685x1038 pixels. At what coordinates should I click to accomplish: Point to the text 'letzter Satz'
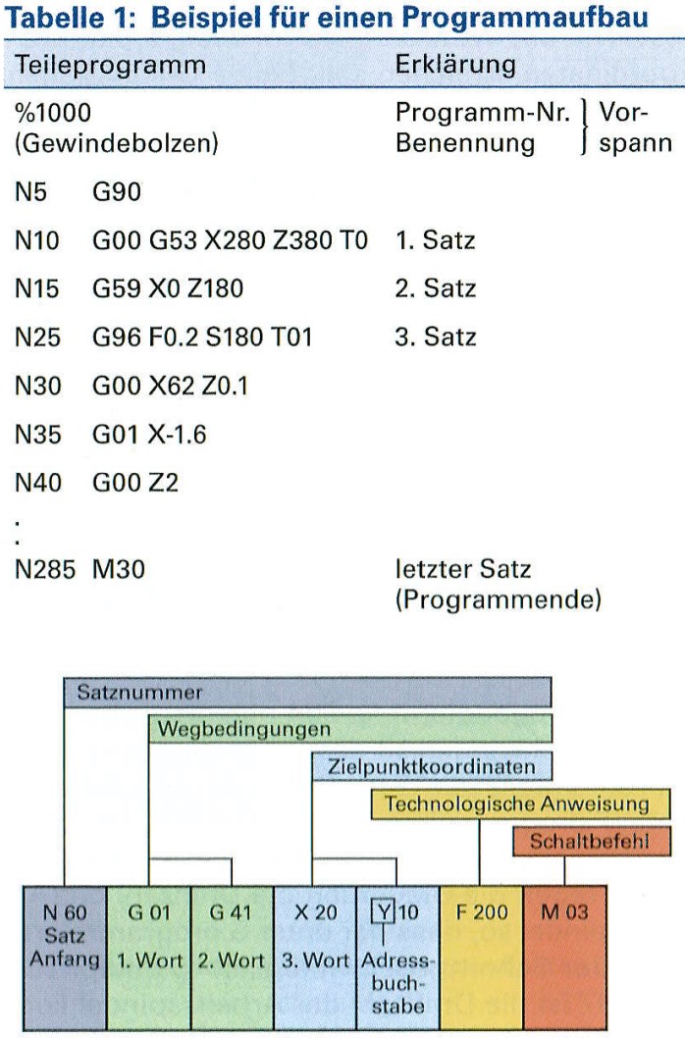pos(451,568)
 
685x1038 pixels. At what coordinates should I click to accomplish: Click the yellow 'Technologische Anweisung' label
pos(519,804)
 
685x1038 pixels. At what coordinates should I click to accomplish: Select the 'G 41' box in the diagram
pos(231,912)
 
